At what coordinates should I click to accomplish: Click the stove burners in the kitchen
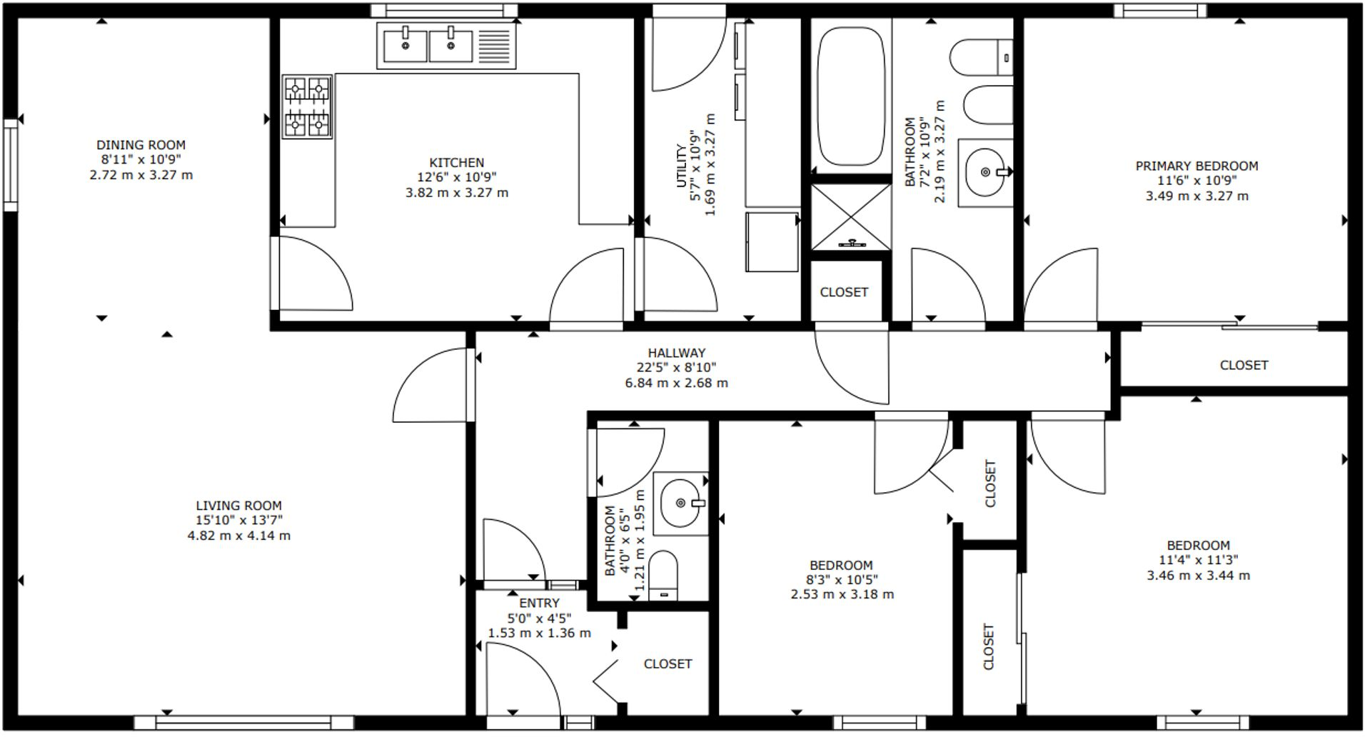click(x=307, y=106)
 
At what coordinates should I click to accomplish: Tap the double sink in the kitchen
click(x=428, y=45)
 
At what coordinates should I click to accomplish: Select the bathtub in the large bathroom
click(x=851, y=96)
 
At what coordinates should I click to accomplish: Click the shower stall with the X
click(x=851, y=217)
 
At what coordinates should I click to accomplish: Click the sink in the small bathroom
click(x=681, y=503)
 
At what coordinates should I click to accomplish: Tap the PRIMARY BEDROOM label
click(x=1197, y=166)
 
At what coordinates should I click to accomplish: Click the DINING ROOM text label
click(x=141, y=145)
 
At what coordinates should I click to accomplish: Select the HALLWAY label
click(x=676, y=353)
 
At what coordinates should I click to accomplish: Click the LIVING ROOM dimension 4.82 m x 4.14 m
click(x=238, y=536)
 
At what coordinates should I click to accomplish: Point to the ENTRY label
click(x=539, y=603)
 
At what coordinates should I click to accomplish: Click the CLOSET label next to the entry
click(x=668, y=664)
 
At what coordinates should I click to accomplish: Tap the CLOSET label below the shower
click(x=844, y=292)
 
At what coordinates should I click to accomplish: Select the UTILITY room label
click(x=681, y=166)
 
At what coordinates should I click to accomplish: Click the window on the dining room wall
click(x=10, y=165)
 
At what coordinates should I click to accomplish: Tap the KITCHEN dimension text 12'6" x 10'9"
click(x=456, y=177)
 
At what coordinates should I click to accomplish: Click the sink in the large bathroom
click(x=985, y=172)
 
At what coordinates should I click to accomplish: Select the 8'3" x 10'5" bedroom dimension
click(x=842, y=580)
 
